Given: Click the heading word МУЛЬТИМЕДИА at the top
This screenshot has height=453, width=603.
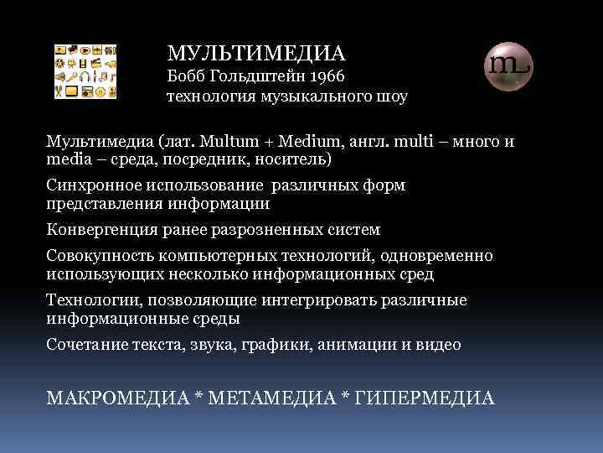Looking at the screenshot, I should (x=255, y=54).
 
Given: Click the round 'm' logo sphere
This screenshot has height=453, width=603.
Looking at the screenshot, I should (x=508, y=65).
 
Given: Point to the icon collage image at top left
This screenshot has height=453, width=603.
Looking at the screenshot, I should (x=85, y=70).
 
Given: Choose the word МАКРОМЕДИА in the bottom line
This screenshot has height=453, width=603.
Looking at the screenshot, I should (x=116, y=397).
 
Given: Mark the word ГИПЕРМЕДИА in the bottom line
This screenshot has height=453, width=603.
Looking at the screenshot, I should (x=425, y=397).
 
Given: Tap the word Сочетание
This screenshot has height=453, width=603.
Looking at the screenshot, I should (x=83, y=345).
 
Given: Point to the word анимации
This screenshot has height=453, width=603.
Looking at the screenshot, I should (x=351, y=345).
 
